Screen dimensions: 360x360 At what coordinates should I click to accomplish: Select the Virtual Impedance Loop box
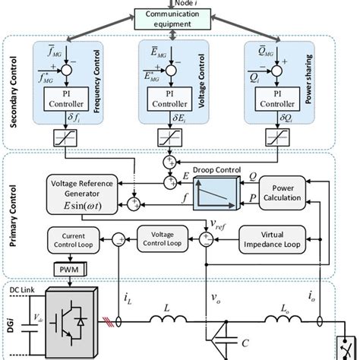point(272,238)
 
